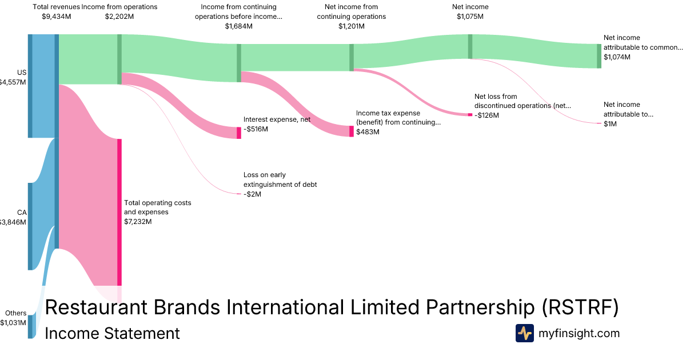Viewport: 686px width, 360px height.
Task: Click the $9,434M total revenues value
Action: [57, 17]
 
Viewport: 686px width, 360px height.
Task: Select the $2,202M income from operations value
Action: [119, 17]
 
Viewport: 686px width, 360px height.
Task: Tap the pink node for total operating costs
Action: [119, 211]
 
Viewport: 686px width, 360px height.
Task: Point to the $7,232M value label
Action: [138, 221]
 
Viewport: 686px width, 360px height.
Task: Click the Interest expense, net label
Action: [277, 119]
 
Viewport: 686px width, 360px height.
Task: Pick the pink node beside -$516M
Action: [239, 133]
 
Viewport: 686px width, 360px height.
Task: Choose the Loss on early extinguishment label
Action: [280, 179]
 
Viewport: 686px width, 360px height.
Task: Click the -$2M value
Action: [252, 194]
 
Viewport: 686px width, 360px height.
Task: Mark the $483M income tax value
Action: [368, 132]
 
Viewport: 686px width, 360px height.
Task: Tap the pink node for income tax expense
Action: [352, 131]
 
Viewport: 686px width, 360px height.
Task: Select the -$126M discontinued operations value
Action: [486, 115]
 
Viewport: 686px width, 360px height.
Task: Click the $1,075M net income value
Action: [470, 17]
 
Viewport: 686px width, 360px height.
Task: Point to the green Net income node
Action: [470, 46]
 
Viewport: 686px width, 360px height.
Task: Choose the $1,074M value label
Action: [617, 57]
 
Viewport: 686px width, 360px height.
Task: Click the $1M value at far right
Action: [610, 124]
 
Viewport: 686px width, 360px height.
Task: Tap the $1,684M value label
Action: [238, 26]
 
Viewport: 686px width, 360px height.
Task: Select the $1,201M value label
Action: [351, 26]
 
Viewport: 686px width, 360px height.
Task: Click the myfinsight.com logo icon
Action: [524, 333]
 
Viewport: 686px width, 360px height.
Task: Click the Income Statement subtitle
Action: [112, 333]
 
